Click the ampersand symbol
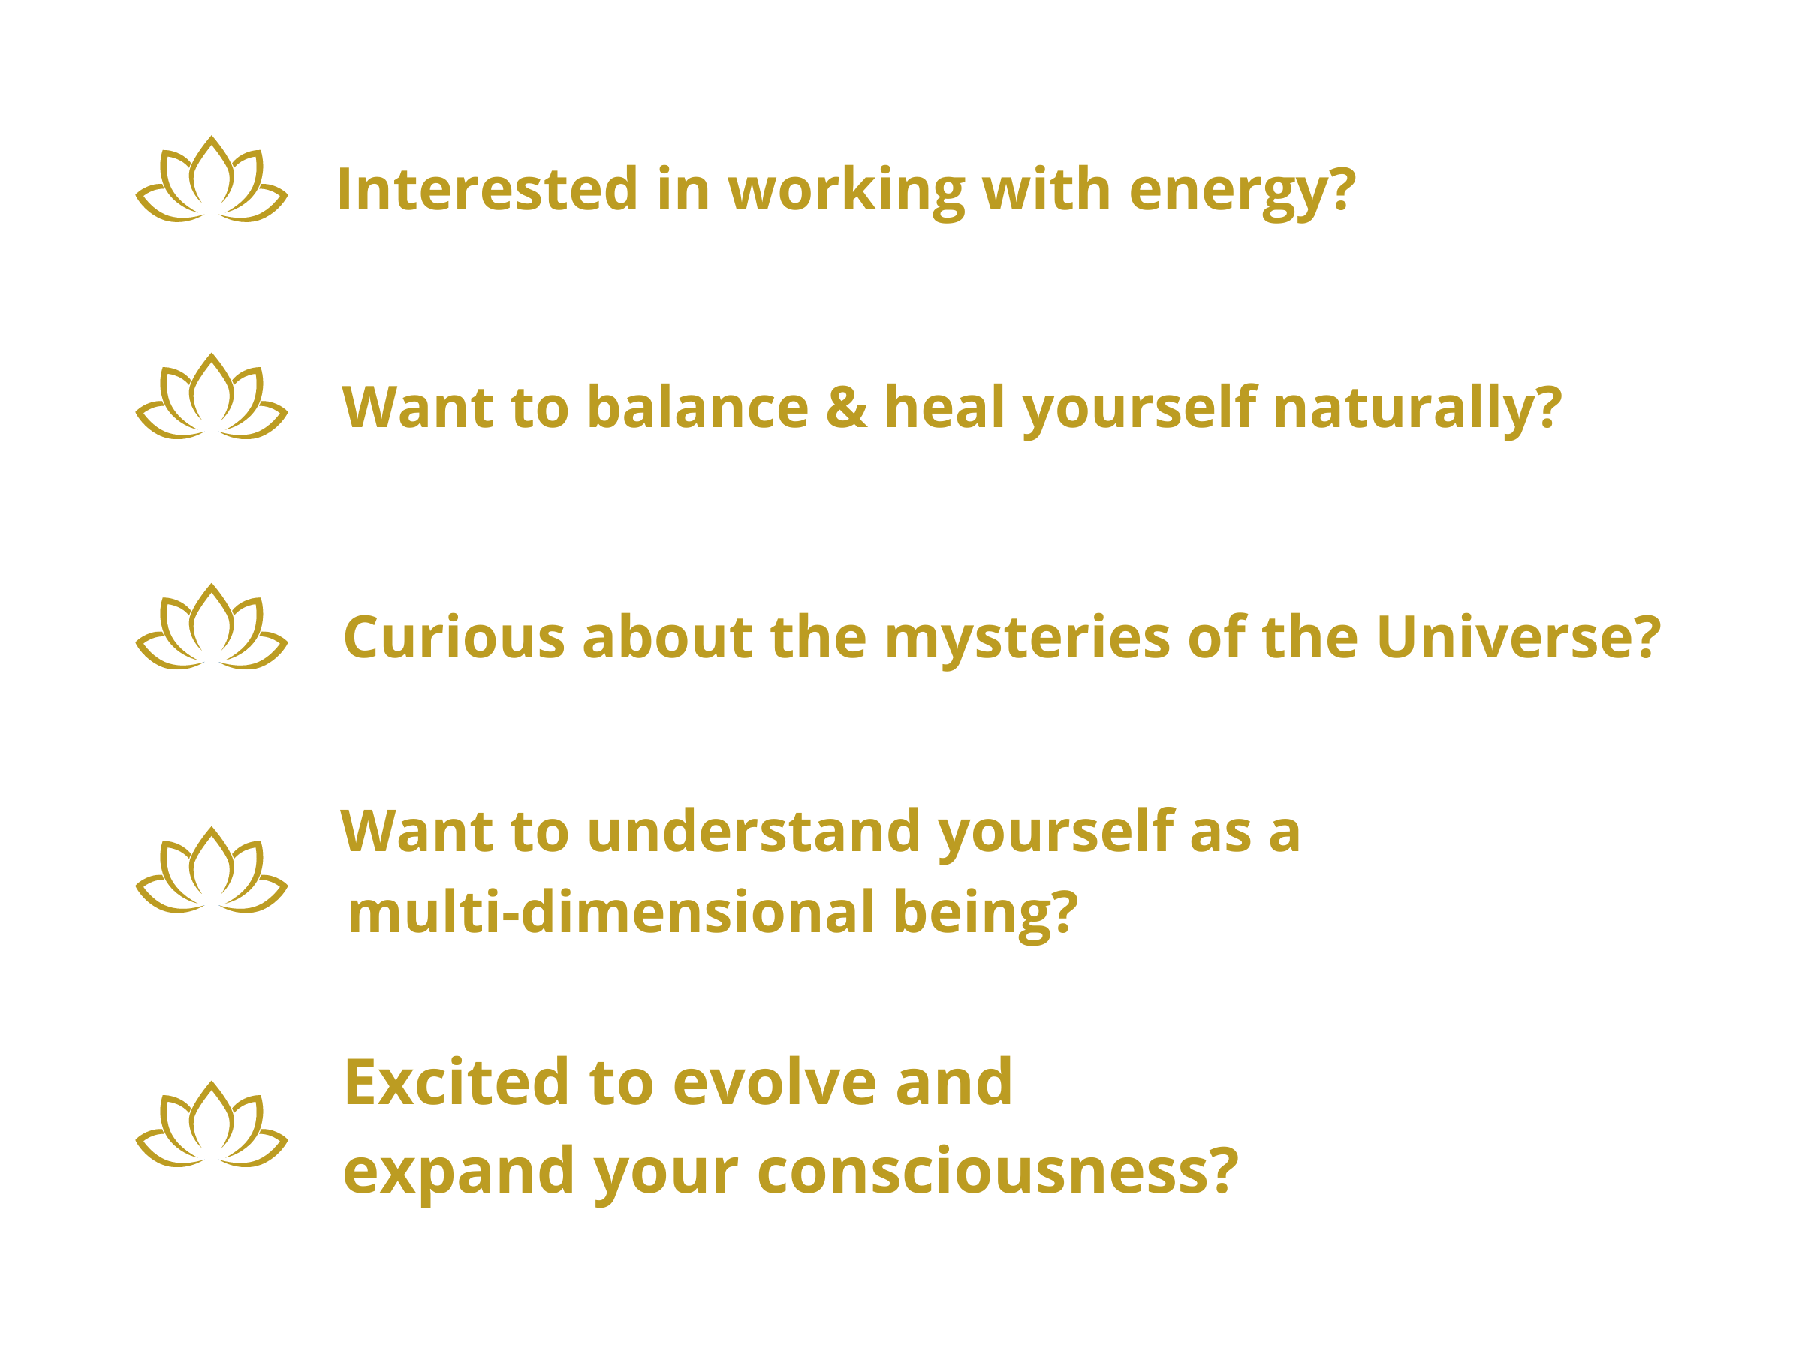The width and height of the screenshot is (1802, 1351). (846, 406)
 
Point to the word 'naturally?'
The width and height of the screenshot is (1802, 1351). (1417, 410)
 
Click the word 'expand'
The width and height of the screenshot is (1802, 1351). (459, 1173)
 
